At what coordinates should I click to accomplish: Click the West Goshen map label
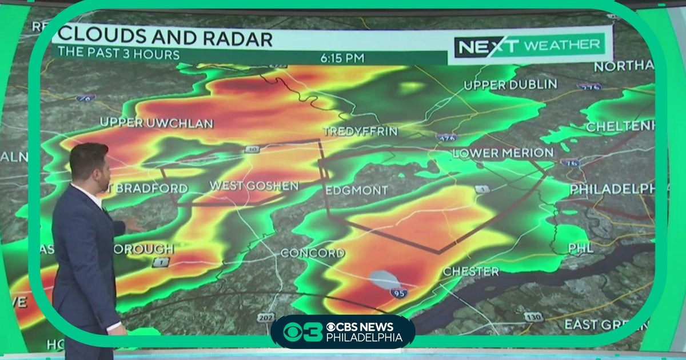pos(254,186)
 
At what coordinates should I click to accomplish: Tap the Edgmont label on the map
pos(357,190)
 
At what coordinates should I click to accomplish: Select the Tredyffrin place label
pos(360,131)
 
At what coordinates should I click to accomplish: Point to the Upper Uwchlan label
pos(156,122)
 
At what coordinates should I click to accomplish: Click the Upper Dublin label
pos(510,85)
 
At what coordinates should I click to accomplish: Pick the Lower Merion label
pos(502,153)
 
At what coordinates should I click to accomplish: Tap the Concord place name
pos(312,253)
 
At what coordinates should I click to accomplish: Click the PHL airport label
pos(581,248)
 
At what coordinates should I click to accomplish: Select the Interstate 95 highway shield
pos(399,293)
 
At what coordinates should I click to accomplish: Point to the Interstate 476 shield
pos(445,138)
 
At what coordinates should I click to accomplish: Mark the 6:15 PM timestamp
pos(343,58)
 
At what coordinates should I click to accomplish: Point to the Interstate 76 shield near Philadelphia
pos(571,163)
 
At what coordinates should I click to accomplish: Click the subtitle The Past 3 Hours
pos(118,55)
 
